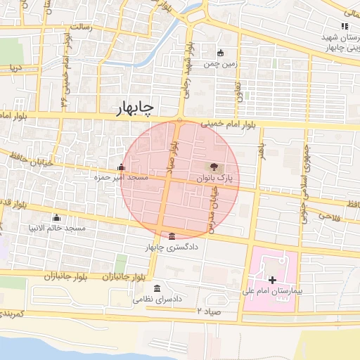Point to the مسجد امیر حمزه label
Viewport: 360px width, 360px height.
click(121, 178)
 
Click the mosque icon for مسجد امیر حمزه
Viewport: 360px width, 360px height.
click(122, 167)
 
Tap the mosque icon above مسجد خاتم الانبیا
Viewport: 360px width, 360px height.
click(56, 217)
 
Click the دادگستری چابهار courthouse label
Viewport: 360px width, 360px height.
click(172, 247)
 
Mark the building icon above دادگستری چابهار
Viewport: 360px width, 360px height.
click(172, 236)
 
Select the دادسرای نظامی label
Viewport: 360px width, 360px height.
click(157, 300)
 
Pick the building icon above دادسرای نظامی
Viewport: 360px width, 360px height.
click(157, 289)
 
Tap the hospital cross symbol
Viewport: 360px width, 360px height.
click(273, 280)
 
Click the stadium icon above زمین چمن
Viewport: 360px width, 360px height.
click(221, 52)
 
